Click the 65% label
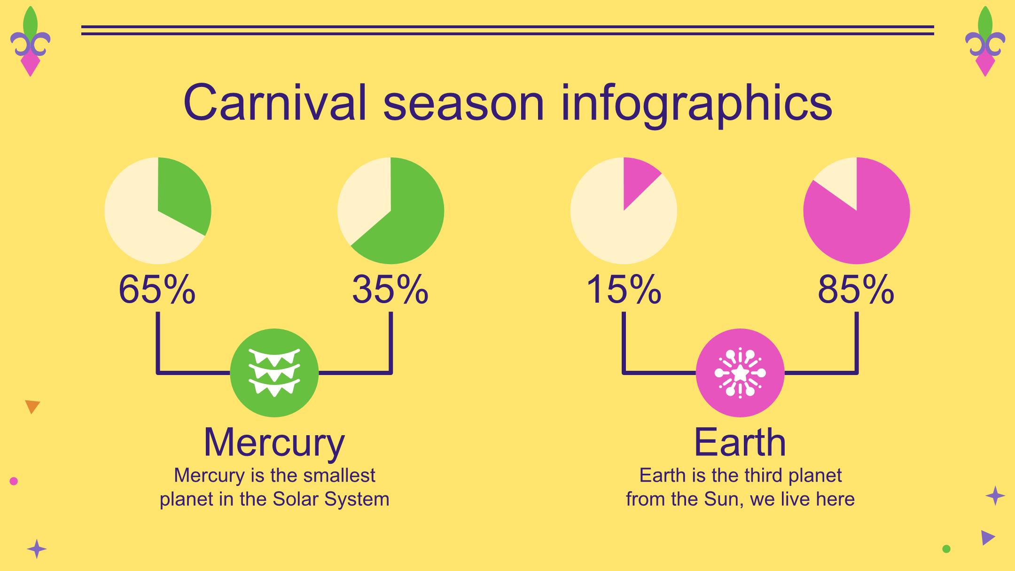[157, 290]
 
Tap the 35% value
[390, 290]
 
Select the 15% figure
[624, 290]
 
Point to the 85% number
[856, 290]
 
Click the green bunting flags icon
[274, 373]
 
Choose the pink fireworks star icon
[740, 373]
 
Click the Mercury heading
[274, 443]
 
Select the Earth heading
[740, 442]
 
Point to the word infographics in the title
[696, 104]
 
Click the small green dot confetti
[946, 548]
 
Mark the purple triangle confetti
[988, 538]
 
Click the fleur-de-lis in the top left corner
[30, 41]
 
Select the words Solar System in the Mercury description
[331, 499]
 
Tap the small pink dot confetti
[14, 481]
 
